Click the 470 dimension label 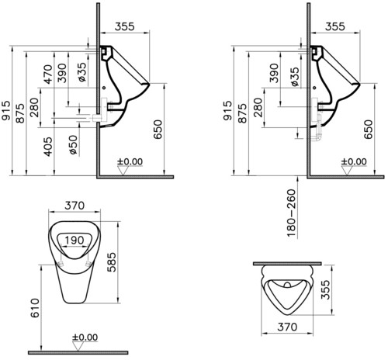pos(48,74)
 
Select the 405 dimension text pos(48,147)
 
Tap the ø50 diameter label pos(74,145)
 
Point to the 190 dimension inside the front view pos(74,241)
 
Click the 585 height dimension pos(112,262)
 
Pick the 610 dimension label pos(35,308)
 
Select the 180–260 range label pos(291,213)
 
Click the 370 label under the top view pos(287,327)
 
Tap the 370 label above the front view pos(74,206)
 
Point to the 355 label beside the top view pos(325,289)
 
